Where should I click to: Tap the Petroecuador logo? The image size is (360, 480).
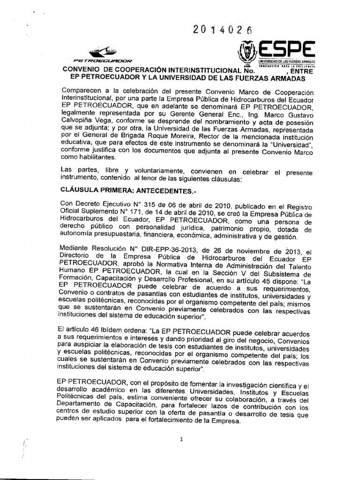point(104,55)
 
